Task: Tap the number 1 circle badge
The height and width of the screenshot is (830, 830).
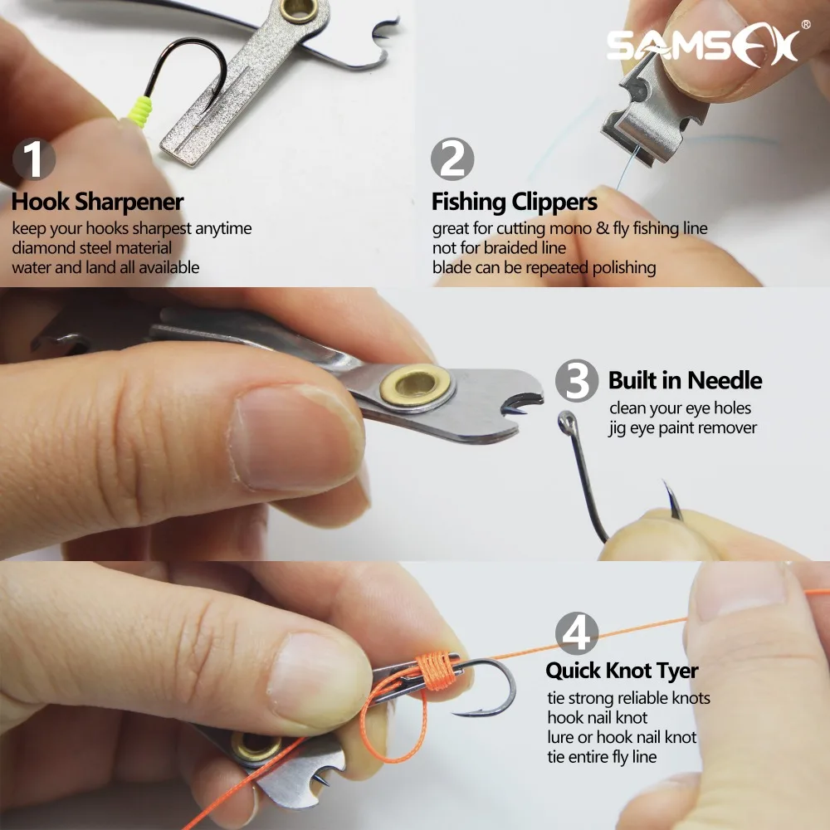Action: (33, 159)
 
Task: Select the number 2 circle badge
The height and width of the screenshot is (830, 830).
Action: (452, 159)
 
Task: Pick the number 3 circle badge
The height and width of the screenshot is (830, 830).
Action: (577, 380)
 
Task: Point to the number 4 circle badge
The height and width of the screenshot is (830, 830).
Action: (576, 632)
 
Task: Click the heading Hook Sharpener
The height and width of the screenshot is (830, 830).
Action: (97, 202)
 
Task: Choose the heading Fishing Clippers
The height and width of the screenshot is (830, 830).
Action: (514, 202)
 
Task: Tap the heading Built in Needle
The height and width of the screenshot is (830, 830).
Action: (685, 381)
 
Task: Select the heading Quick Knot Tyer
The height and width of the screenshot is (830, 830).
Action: (622, 671)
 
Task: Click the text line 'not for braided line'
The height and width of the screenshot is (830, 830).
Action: (499, 247)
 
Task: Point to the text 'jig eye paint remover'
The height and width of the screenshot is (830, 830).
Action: (682, 428)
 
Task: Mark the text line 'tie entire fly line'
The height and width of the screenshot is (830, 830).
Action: (602, 756)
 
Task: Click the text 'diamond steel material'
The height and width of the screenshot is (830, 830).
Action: (91, 247)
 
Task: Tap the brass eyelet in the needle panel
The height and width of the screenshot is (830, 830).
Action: (416, 383)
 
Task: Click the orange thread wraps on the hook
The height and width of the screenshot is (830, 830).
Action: (435, 669)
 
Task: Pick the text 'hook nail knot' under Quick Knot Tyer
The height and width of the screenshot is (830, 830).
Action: (597, 717)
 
